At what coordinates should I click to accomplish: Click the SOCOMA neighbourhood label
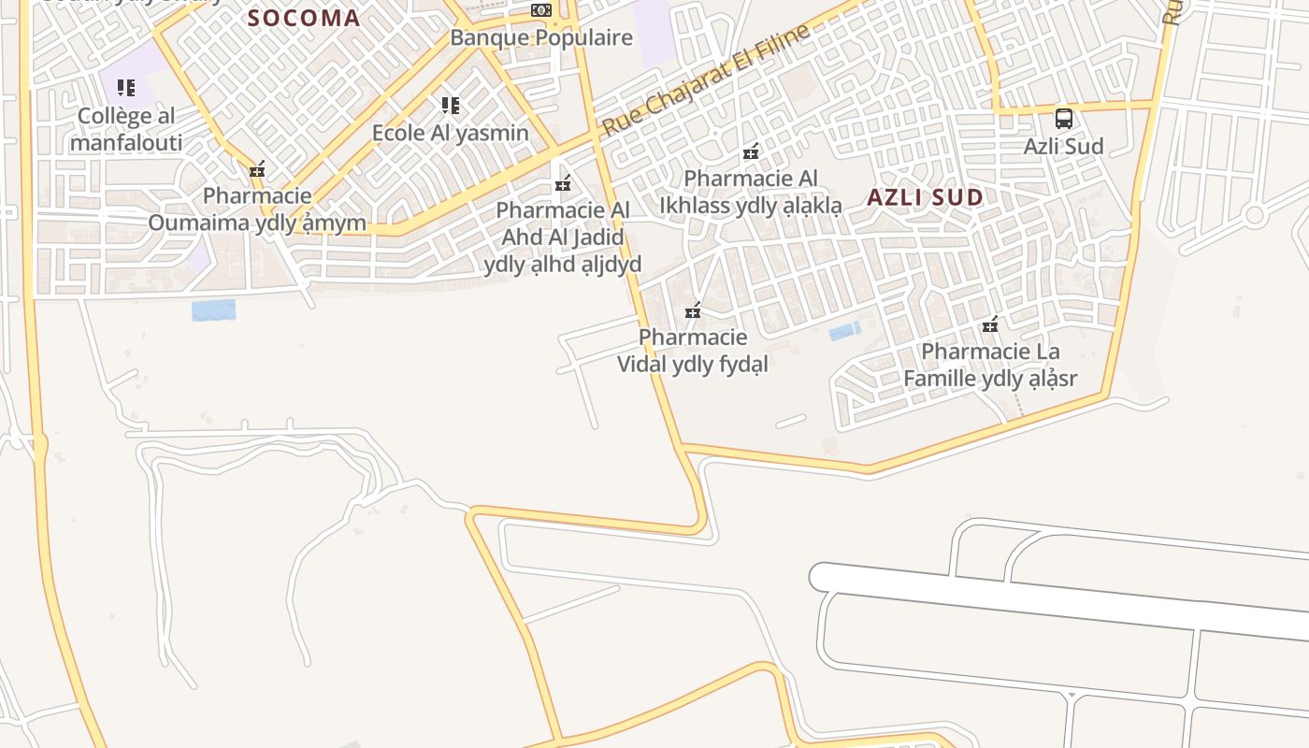pos(304,18)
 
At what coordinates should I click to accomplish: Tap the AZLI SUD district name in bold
pos(925,197)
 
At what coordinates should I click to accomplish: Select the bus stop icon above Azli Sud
pos(1063,119)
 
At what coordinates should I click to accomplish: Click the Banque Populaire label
pos(541,38)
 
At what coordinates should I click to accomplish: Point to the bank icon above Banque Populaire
pos(541,10)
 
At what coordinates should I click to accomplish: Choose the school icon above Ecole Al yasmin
pos(451,106)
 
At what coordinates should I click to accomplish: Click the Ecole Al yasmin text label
pos(451,133)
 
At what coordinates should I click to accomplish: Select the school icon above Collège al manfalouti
pos(126,89)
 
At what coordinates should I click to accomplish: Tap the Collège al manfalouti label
pos(126,130)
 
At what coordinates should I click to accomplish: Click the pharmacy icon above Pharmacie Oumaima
pos(257,170)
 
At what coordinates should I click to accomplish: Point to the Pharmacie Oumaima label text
pos(257,209)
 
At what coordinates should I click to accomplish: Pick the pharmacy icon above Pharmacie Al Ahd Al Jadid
pos(563,184)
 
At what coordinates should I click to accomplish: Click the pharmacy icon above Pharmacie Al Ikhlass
pos(751,151)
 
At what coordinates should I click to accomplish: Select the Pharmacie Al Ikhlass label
pos(751,192)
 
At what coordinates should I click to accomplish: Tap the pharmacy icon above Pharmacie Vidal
pos(693,311)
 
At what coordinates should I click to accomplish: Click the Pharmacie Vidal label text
pos(693,351)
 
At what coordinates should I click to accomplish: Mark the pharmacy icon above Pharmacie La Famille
pos(990,325)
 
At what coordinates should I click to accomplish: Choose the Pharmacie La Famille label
pos(990,365)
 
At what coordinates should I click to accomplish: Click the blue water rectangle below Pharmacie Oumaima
pos(213,310)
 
